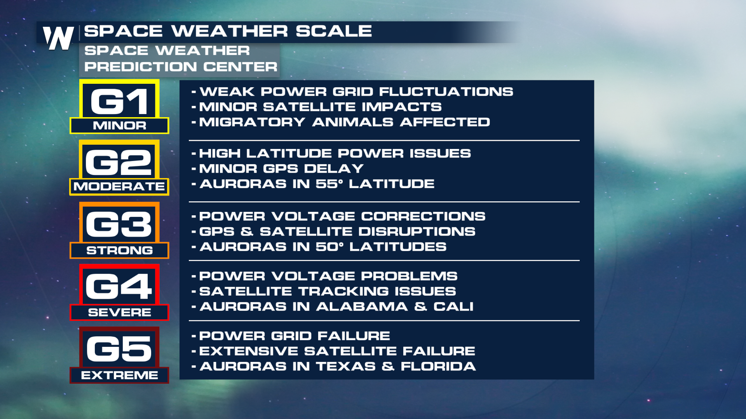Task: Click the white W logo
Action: [x=58, y=38]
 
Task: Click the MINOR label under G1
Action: [x=119, y=126]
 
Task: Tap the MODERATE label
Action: [x=119, y=187]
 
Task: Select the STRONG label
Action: [x=119, y=250]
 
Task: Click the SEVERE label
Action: [x=119, y=312]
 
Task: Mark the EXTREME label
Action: [x=119, y=375]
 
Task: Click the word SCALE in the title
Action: [x=334, y=31]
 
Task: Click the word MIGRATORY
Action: [x=252, y=122]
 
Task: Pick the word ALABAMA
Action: [x=362, y=306]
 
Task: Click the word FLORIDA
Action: [x=438, y=366]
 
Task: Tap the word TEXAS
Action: [x=346, y=366]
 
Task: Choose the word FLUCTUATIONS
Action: [x=446, y=92]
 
